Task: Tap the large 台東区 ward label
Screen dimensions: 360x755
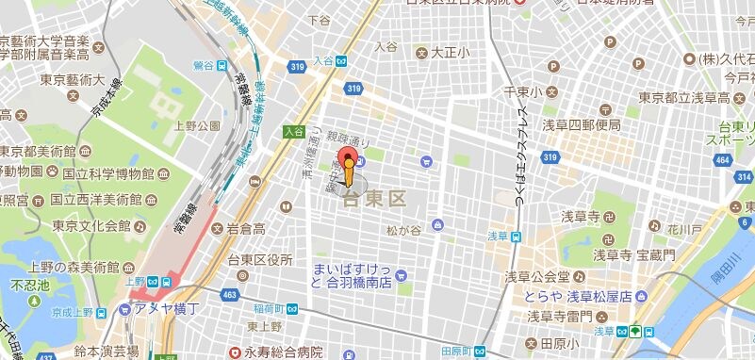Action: pyautogui.click(x=373, y=199)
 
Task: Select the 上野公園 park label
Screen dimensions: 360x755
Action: pyautogui.click(x=197, y=125)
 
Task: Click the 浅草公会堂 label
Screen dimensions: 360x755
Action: pyautogui.click(x=535, y=276)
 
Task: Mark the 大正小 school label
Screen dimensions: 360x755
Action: pyautogui.click(x=451, y=53)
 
